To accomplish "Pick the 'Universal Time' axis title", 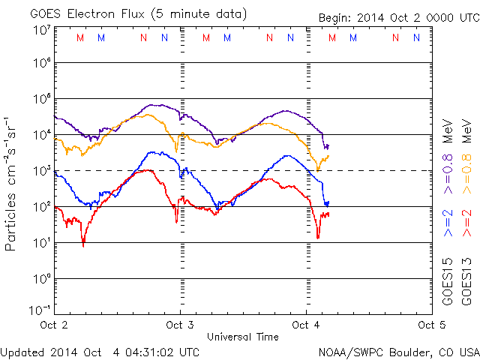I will pyautogui.click(x=242, y=337).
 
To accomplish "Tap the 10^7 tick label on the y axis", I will pyautogui.click(x=40, y=30).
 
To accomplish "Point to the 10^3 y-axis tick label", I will pyautogui.click(x=40, y=171).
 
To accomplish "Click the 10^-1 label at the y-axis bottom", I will pyautogui.click(x=40, y=310).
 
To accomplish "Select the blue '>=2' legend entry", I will pyautogui.click(x=447, y=224).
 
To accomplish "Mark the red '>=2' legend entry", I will pyautogui.click(x=466, y=224).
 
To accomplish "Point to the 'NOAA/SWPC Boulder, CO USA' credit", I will pyautogui.click(x=397, y=351).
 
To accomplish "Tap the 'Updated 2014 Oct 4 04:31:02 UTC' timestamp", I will pyautogui.click(x=100, y=351).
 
